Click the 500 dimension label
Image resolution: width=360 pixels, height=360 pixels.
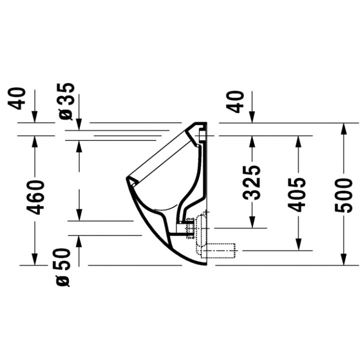point(343,196)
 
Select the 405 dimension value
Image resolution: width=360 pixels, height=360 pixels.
point(297,194)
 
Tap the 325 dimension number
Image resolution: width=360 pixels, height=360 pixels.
point(252,183)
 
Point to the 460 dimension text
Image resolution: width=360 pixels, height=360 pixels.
point(35,197)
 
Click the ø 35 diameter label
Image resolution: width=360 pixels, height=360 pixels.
point(66,101)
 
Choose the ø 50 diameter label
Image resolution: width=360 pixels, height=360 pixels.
point(62,267)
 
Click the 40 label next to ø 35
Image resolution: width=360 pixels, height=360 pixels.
point(16,98)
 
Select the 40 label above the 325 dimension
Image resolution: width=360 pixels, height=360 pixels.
point(235,101)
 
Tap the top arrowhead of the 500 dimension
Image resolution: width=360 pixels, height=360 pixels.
point(343,128)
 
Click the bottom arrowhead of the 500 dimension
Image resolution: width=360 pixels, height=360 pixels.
point(343,260)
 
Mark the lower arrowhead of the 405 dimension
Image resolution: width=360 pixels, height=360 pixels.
point(298,245)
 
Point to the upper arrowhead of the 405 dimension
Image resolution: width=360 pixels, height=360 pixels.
point(298,141)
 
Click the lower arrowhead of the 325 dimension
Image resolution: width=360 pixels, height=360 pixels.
point(252,223)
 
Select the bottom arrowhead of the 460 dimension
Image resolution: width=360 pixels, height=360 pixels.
point(34,260)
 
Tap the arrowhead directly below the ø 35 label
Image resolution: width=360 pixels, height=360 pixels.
point(79,125)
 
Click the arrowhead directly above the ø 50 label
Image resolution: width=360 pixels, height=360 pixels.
point(79,241)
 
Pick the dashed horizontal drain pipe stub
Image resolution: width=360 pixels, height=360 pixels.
point(219,251)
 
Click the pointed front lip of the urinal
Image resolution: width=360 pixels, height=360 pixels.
point(126,177)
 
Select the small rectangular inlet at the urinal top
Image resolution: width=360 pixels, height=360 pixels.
point(202,136)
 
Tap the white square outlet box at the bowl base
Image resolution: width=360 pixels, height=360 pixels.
point(181,228)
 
